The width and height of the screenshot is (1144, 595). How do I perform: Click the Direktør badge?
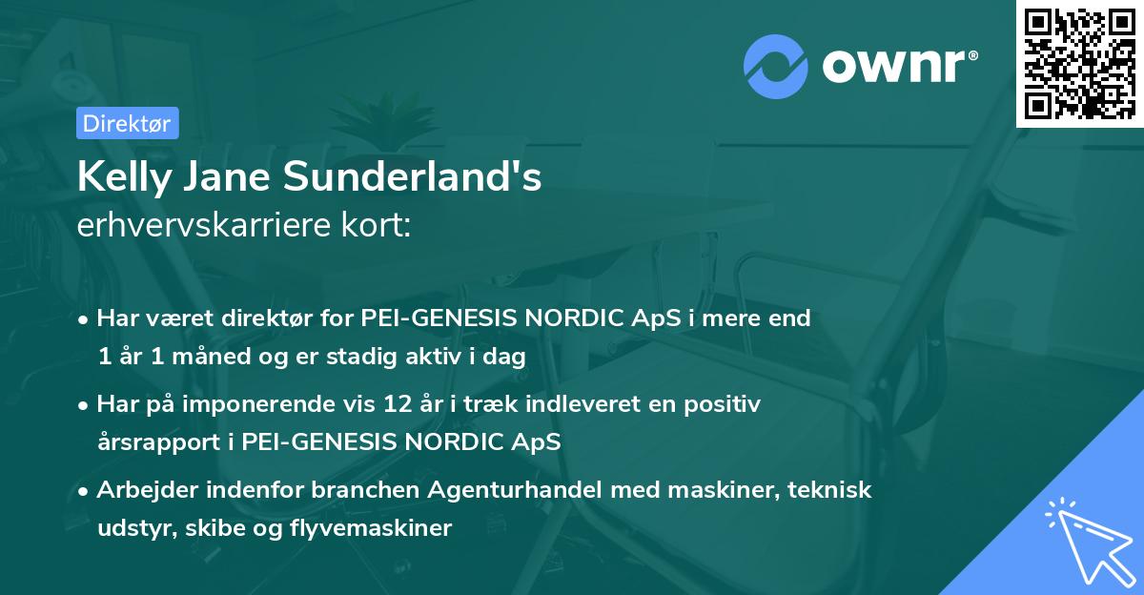click(127, 123)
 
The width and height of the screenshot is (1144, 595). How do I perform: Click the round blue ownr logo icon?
click(776, 67)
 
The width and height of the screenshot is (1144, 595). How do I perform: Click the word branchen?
click(368, 490)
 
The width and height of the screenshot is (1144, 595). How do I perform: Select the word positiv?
click(724, 404)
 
